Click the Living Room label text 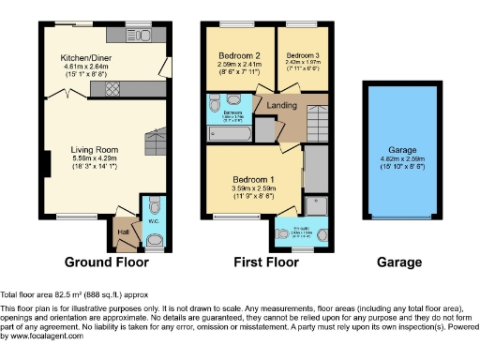click(x=94, y=149)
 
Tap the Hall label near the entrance click(x=123, y=231)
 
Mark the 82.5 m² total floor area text click(x=65, y=295)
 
